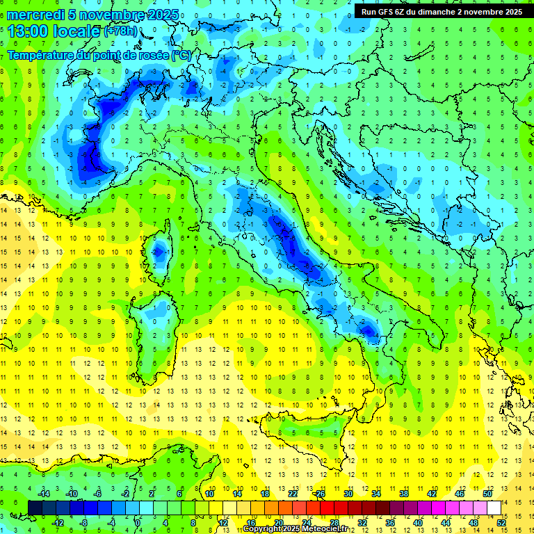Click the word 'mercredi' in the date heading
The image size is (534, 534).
point(36,15)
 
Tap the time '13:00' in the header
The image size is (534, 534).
point(29,31)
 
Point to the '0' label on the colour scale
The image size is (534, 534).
point(138,523)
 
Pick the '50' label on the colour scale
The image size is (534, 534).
point(487,494)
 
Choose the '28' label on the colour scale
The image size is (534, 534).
point(334,523)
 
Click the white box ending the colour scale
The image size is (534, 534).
point(494,508)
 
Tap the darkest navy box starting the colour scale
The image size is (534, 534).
point(35,508)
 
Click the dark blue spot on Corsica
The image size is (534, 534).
point(159,252)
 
